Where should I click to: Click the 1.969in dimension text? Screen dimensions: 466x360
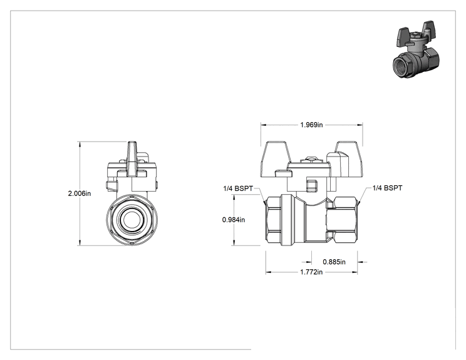[x=311, y=125]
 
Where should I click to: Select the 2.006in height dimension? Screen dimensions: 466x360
[x=80, y=193]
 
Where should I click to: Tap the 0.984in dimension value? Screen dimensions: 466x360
[x=234, y=220]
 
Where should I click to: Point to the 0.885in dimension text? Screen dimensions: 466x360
[x=334, y=262]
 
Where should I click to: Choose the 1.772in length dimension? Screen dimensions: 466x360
[x=311, y=272]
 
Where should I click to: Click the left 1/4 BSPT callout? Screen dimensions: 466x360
[x=238, y=188]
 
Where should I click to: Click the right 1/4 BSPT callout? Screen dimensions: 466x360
[x=387, y=188]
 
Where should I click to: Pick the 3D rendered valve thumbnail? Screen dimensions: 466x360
[x=416, y=49]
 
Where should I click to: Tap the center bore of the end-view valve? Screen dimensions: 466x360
[x=132, y=220]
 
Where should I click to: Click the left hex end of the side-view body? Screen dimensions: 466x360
[x=273, y=220]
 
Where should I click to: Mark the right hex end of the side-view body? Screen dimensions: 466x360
[x=345, y=220]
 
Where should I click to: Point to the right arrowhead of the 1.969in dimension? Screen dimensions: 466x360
[x=360, y=125]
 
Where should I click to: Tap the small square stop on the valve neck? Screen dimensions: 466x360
[x=311, y=185]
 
